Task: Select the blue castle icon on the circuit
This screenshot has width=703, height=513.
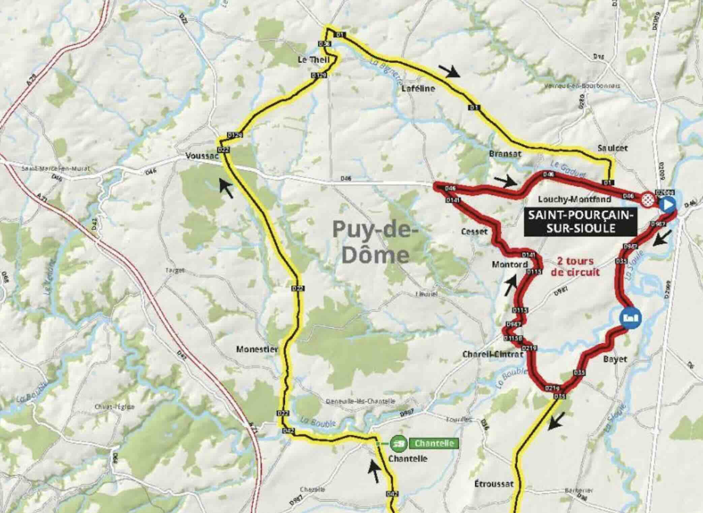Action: coord(630,318)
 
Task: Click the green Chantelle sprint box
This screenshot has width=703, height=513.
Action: coord(434,443)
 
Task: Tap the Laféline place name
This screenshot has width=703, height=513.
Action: coord(418,89)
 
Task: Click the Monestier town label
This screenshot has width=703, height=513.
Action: coord(257,349)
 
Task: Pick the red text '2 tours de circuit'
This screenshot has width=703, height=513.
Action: coord(575,266)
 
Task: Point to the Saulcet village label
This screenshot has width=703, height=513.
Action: coord(612,148)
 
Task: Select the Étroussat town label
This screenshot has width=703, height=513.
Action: coord(494,484)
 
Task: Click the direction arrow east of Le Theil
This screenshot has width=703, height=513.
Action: coord(450,71)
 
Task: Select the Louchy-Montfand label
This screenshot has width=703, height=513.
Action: coord(574,199)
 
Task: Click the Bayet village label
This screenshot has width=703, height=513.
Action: coord(615,359)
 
